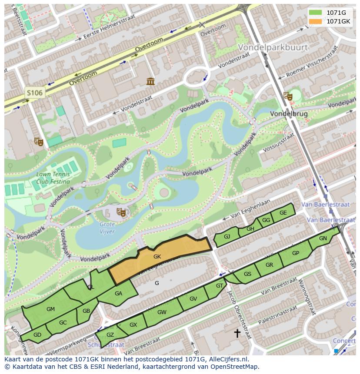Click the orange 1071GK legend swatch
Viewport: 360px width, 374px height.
click(316, 21)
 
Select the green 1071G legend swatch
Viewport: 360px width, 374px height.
click(316, 13)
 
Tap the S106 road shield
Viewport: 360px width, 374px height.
click(34, 93)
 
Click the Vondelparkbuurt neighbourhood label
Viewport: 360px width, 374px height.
click(273, 47)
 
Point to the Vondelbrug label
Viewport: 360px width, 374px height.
click(289, 114)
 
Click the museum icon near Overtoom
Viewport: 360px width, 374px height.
click(150, 81)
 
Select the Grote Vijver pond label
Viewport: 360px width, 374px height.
click(107, 228)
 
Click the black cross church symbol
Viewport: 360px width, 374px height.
click(237, 333)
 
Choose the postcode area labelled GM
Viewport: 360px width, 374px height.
click(50, 309)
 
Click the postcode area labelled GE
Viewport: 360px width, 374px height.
click(283, 213)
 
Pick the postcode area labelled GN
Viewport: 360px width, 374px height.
click(323, 238)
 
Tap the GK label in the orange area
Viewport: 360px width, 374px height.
click(157, 257)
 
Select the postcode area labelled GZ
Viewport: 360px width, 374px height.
click(110, 335)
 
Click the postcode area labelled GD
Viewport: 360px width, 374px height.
click(37, 335)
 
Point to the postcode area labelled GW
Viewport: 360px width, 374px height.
click(162, 312)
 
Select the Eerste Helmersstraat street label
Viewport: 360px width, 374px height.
click(109, 27)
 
